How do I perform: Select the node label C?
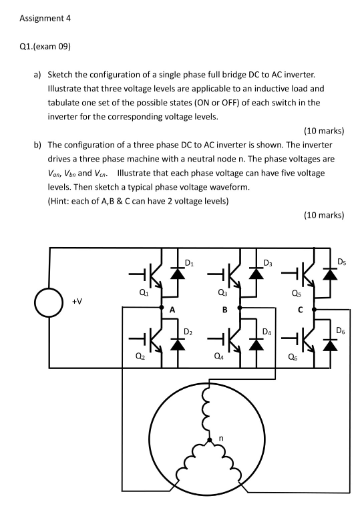click(301, 310)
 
